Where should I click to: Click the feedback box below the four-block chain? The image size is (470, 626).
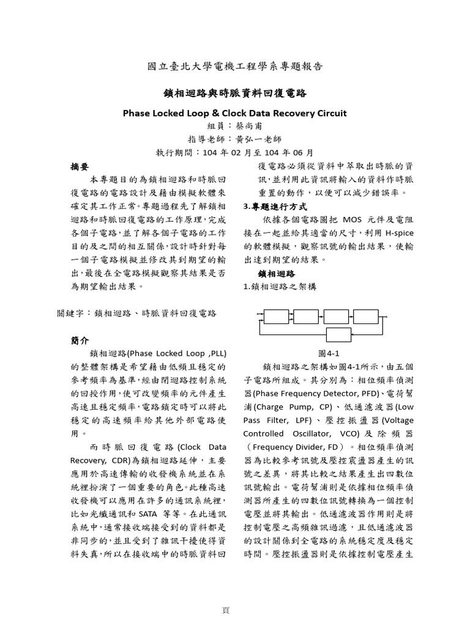(338, 334)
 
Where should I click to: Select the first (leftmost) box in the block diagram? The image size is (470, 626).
(276, 316)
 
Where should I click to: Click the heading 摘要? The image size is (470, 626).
(80, 166)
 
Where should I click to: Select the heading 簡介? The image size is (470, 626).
(80, 340)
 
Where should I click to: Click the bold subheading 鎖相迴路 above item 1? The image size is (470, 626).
(277, 273)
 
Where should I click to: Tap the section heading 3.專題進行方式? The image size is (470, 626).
(275, 206)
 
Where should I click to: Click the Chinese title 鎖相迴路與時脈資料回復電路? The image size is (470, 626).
(235, 94)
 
